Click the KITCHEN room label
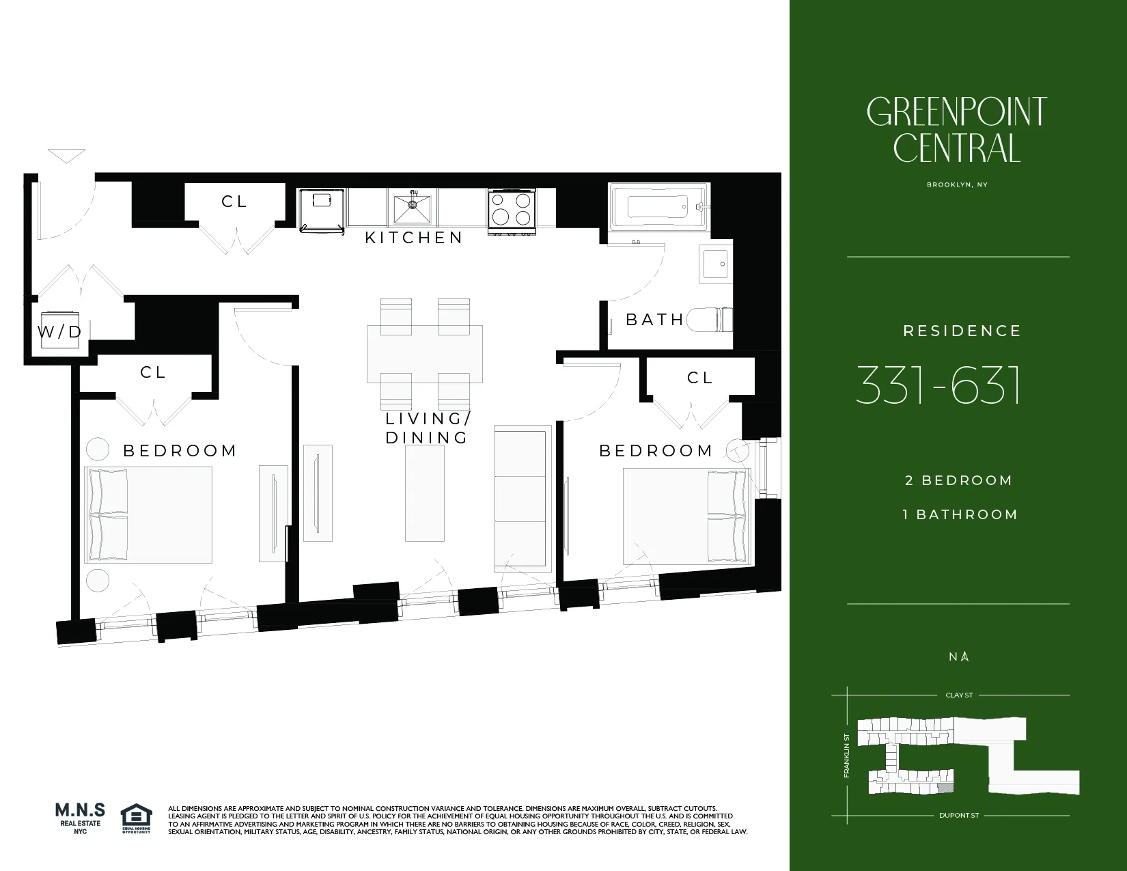[413, 238]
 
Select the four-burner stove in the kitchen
[512, 210]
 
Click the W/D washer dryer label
[59, 332]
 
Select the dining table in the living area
[424, 353]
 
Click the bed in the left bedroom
[148, 514]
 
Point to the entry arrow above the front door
[66, 156]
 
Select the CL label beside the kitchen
[234, 202]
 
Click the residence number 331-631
[938, 385]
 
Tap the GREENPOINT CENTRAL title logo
[956, 130]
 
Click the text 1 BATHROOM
[960, 514]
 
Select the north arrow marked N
[959, 656]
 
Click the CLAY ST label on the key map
[959, 695]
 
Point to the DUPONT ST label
[959, 815]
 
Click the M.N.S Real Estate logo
[80, 818]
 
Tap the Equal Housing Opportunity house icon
[136, 817]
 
